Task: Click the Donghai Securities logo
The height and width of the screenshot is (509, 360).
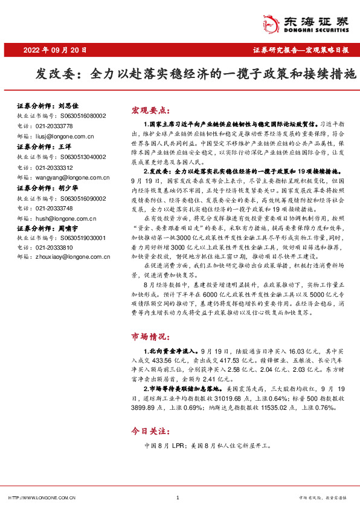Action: pos(313,24)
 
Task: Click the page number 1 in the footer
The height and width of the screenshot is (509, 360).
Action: pos(178,498)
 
